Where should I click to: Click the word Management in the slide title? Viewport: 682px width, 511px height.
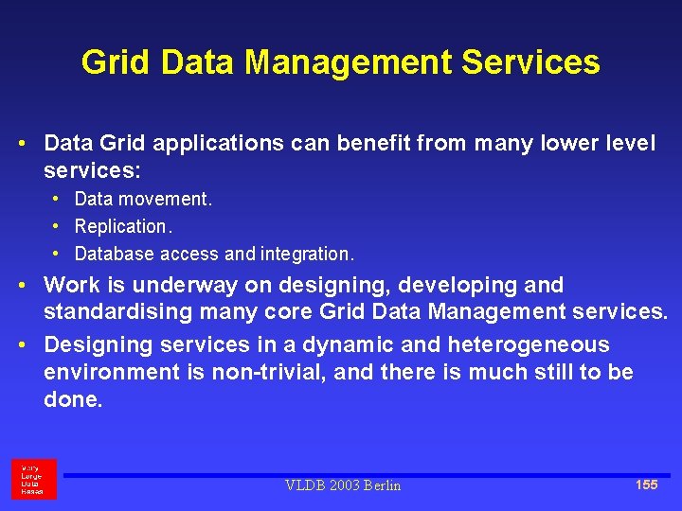pyautogui.click(x=349, y=62)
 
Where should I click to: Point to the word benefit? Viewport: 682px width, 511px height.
pyautogui.click(x=380, y=144)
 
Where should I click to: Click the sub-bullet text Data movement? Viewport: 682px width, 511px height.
pyautogui.click(x=143, y=199)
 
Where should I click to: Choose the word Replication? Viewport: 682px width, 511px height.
pyautogui.click(x=122, y=226)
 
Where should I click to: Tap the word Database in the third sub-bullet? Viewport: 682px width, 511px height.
pyautogui.click(x=115, y=254)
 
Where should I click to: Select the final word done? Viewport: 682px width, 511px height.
pyautogui.click(x=72, y=399)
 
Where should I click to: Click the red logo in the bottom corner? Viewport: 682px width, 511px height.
pyautogui.click(x=33, y=479)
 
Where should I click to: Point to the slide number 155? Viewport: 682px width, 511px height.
pyautogui.click(x=646, y=485)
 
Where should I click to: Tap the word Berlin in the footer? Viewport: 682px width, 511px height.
pyautogui.click(x=379, y=485)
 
